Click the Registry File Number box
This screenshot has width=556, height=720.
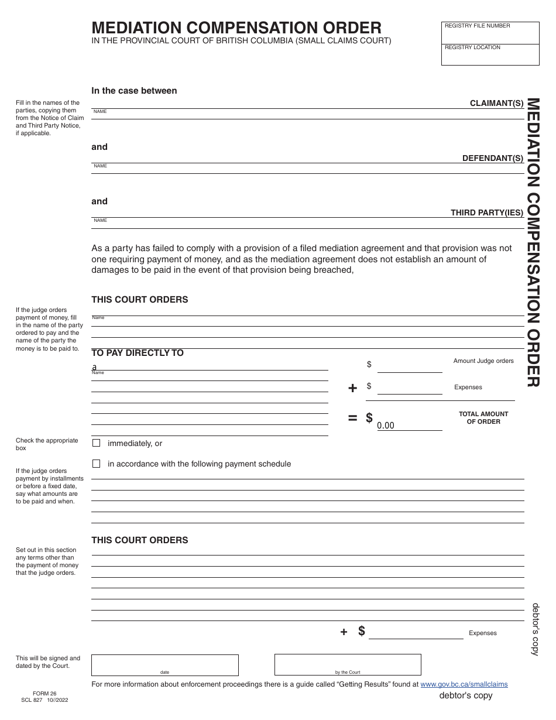[x=490, y=34]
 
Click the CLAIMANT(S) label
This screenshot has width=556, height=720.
[x=496, y=104]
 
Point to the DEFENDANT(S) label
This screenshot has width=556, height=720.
[x=492, y=158]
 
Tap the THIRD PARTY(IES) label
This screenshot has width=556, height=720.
[x=486, y=213]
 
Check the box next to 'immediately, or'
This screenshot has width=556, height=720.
[x=97, y=443]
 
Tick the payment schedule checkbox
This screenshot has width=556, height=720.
[x=97, y=464]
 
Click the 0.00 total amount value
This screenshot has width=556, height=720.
[x=386, y=426]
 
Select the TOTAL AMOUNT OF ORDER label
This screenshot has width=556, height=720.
[x=483, y=417]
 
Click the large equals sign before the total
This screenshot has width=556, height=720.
[x=352, y=418]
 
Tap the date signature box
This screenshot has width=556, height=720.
[x=164, y=665]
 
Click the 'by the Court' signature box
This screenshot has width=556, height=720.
[x=348, y=665]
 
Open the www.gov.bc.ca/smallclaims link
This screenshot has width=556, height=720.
[x=464, y=684]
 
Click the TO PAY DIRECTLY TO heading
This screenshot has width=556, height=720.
[x=138, y=353]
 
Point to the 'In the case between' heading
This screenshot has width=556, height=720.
[x=134, y=91]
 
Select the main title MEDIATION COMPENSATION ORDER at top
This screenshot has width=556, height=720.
[x=236, y=28]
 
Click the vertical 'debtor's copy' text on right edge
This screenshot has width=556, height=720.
[x=536, y=629]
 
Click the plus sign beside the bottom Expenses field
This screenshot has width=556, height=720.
[x=344, y=632]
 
